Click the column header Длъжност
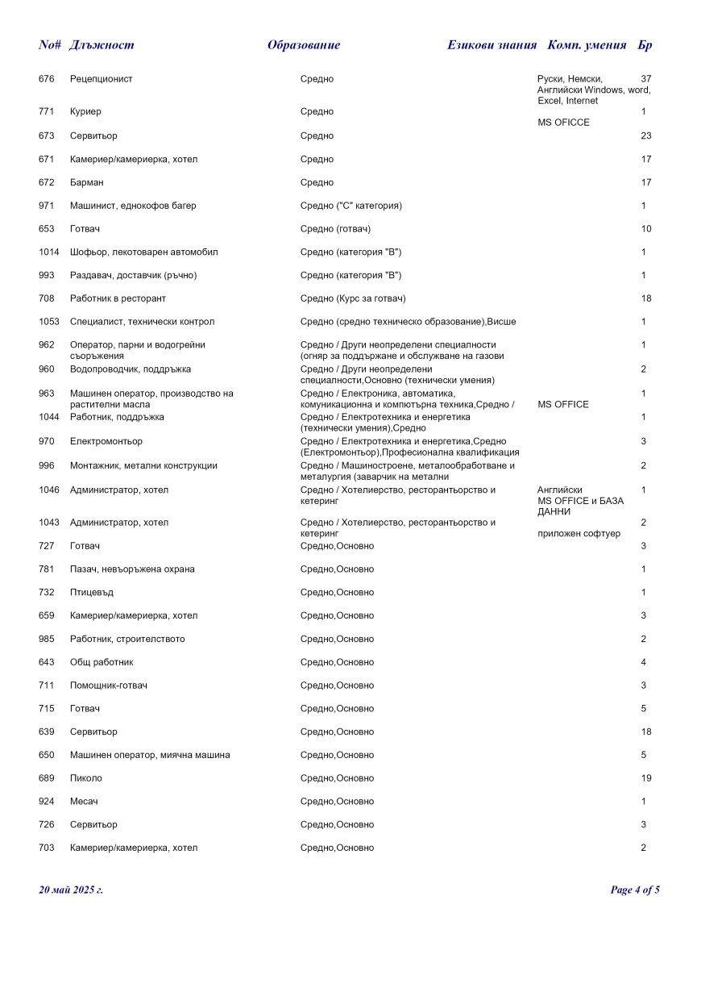pos(102,45)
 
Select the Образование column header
pos(303,45)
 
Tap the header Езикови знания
pos(492,45)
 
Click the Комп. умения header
pos(587,45)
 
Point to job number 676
pos(47,79)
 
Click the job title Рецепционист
pos(102,79)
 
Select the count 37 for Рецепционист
pos(645,79)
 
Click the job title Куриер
pos(85,111)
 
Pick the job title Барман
pos(87,182)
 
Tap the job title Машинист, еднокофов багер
pos(133,206)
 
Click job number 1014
pos(49,252)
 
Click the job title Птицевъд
pos(92,593)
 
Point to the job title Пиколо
pos(86,778)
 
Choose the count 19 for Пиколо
pos(646,778)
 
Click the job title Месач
pos(84,802)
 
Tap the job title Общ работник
pos(102,662)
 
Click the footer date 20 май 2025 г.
pos(71,890)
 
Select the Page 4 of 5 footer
pos(635,890)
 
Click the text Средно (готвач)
pos(336,229)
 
